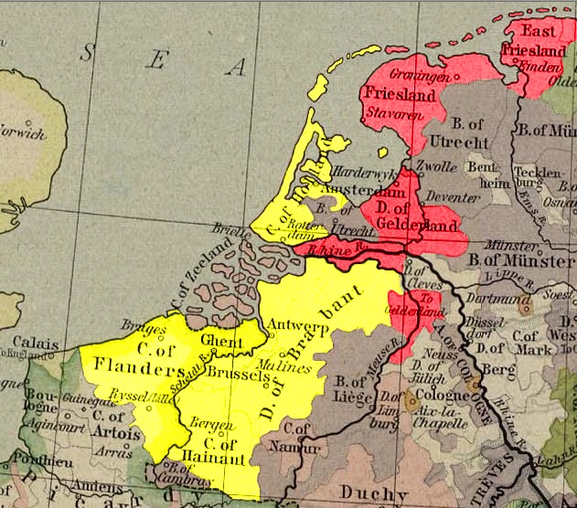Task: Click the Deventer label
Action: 455,196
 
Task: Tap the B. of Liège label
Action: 356,390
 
